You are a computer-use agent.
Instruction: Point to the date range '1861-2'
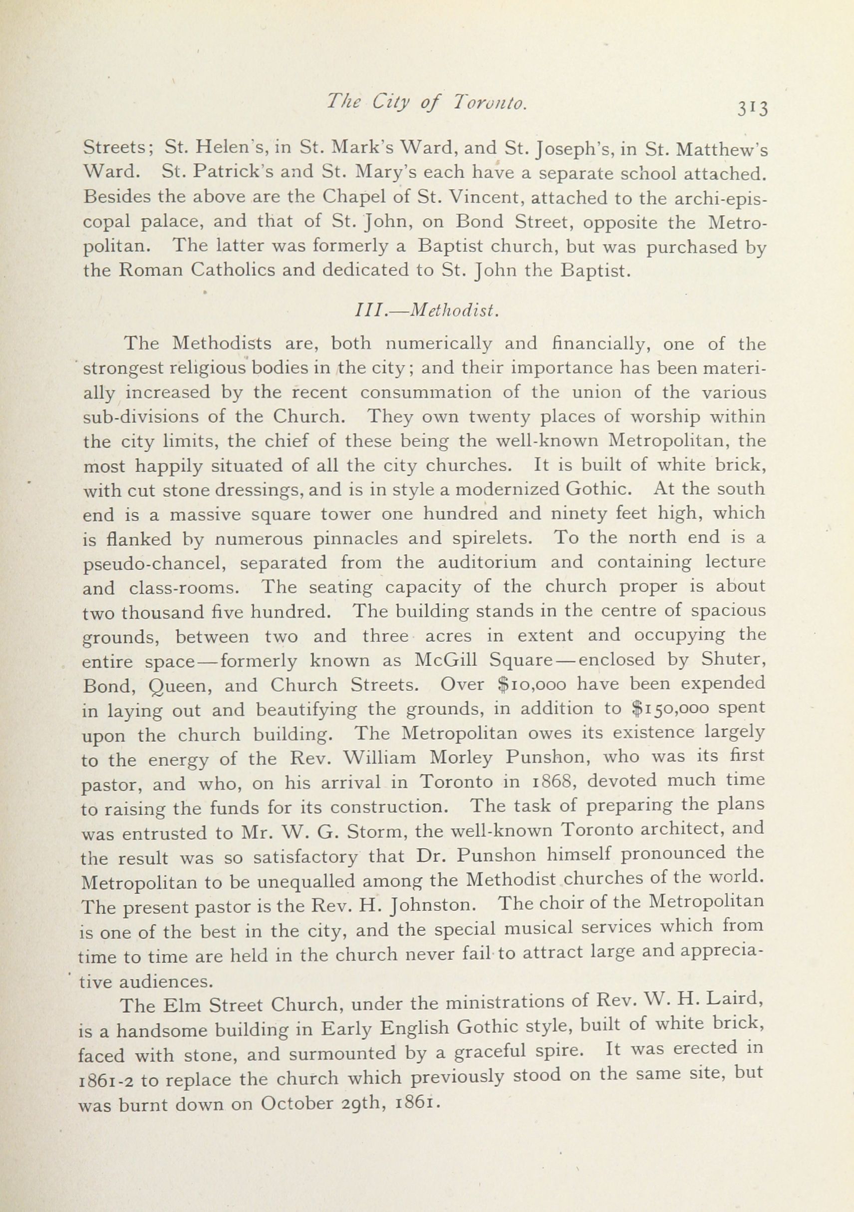click(x=108, y=1078)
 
